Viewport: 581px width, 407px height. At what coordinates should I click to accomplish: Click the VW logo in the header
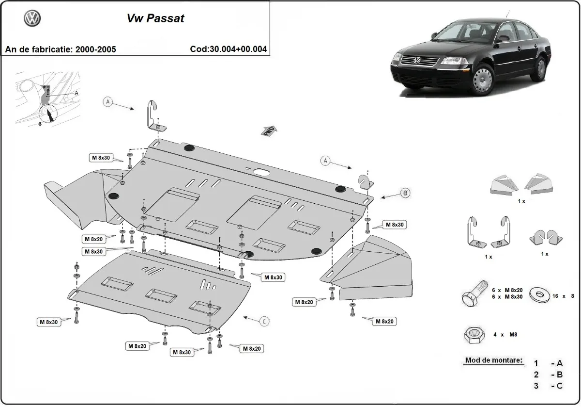pyautogui.click(x=32, y=18)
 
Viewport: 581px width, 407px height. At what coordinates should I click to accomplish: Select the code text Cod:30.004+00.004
pyautogui.click(x=229, y=49)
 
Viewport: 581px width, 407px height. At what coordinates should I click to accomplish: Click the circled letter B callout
pyautogui.click(x=405, y=193)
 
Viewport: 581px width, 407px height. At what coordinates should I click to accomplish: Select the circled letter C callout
pyautogui.click(x=264, y=321)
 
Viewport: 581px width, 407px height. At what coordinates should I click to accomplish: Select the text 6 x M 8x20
pyautogui.click(x=507, y=290)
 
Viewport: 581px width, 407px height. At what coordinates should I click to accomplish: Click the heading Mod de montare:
pyautogui.click(x=494, y=360)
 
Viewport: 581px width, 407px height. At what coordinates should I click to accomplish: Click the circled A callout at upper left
pyautogui.click(x=108, y=101)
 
